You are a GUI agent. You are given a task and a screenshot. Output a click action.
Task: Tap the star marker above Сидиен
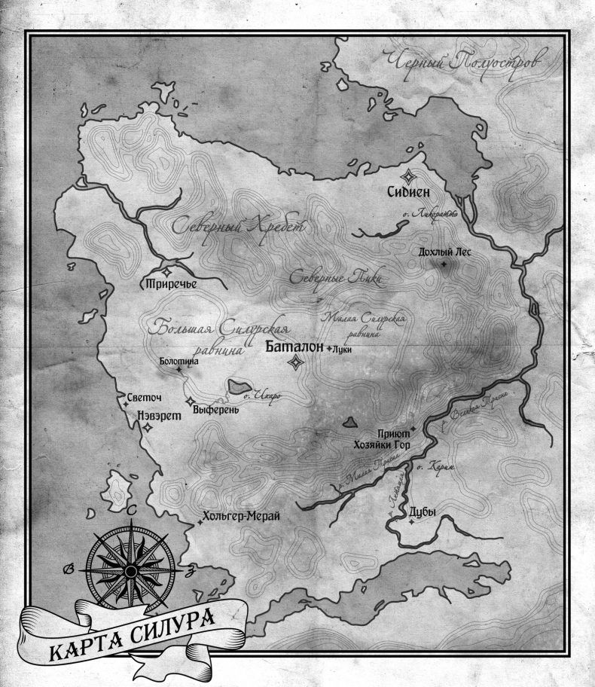407,177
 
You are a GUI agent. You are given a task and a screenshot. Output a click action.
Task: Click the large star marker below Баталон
297,363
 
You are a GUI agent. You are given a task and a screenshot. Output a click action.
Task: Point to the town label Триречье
171,284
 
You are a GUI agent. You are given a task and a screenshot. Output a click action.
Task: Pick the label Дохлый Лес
444,253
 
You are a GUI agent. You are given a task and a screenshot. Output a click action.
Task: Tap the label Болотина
179,362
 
